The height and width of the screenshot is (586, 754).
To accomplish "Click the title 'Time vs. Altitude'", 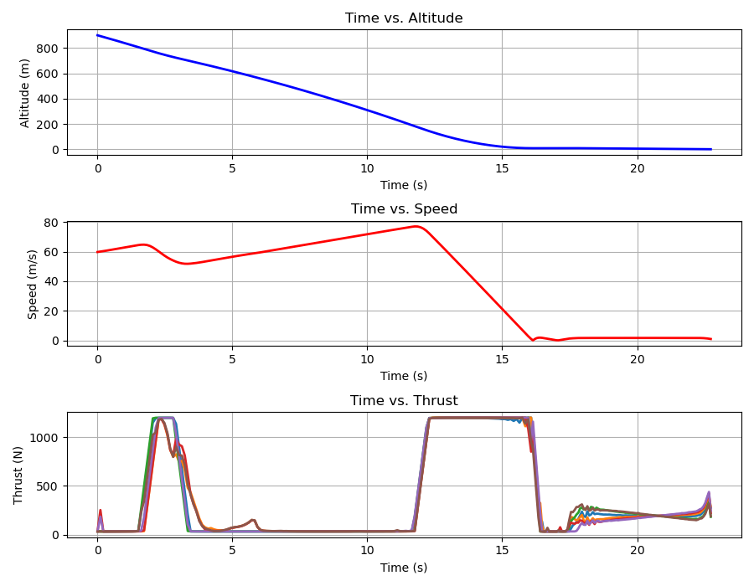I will pos(404,18).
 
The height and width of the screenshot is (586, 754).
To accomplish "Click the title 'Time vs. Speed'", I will pos(404,209).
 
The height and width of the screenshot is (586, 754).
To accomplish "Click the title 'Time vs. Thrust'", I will pos(404,401).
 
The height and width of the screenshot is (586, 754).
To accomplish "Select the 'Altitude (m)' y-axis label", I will pos(25,93).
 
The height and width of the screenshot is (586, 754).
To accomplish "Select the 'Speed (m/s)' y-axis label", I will pos(32,284).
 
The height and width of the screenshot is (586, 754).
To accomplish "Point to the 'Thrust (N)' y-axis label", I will pos(18,474).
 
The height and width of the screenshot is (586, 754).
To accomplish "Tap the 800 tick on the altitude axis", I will pos(47,49).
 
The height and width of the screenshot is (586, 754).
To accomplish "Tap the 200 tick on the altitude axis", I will pos(47,125).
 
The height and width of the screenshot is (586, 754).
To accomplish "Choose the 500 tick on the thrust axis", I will pos(47,486).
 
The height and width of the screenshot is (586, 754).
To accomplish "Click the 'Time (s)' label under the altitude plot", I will pos(404,185).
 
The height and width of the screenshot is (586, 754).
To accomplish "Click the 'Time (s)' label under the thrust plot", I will pos(404,568).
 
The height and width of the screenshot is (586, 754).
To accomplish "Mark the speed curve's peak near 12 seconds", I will pos(416,226).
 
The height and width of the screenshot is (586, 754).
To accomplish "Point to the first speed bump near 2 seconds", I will pos(144,244).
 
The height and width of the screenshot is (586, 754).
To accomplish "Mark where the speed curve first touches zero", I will pos(533,340).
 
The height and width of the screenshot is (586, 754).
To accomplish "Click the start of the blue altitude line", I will pos(98,35).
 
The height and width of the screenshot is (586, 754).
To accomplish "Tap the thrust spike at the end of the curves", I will pos(709,493).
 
